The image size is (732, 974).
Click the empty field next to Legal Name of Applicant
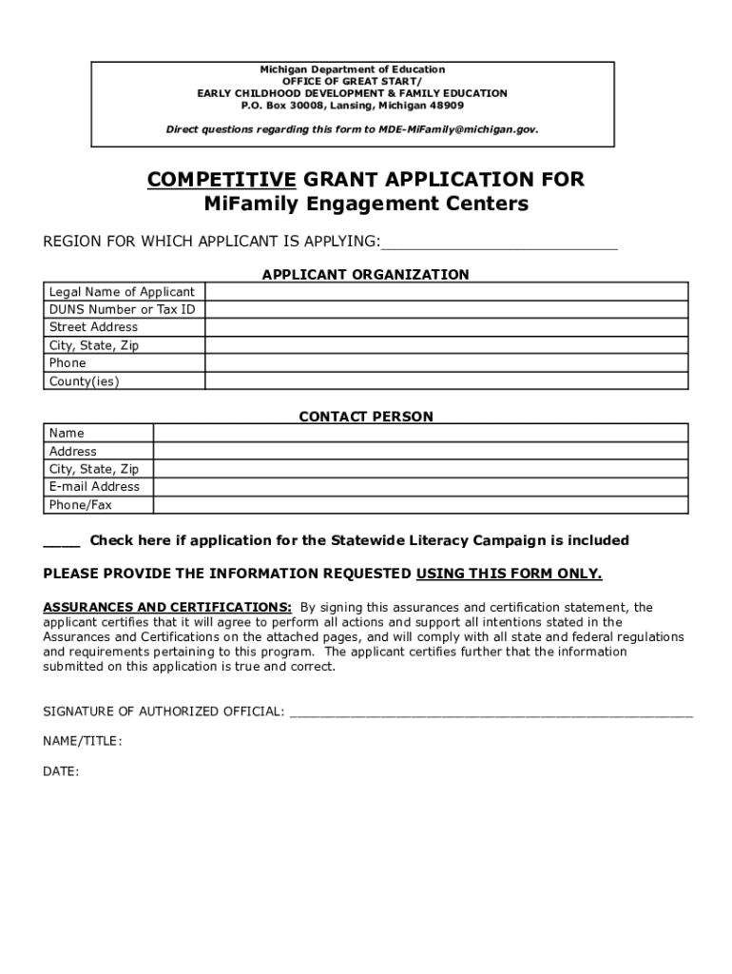[446, 292]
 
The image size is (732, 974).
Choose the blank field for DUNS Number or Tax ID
[446, 310]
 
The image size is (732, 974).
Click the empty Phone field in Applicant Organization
[446, 363]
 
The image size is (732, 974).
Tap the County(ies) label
[84, 381]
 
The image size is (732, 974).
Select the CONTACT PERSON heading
[366, 417]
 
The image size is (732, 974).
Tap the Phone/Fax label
[80, 505]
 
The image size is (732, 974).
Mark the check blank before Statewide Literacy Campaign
[62, 541]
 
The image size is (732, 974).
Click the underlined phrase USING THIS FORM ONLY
[509, 574]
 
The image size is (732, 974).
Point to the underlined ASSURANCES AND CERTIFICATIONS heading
[167, 607]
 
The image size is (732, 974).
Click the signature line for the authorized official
[491, 711]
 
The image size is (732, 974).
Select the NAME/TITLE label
[82, 741]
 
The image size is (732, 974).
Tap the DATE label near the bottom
[61, 771]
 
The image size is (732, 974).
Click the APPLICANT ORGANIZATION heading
[365, 275]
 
